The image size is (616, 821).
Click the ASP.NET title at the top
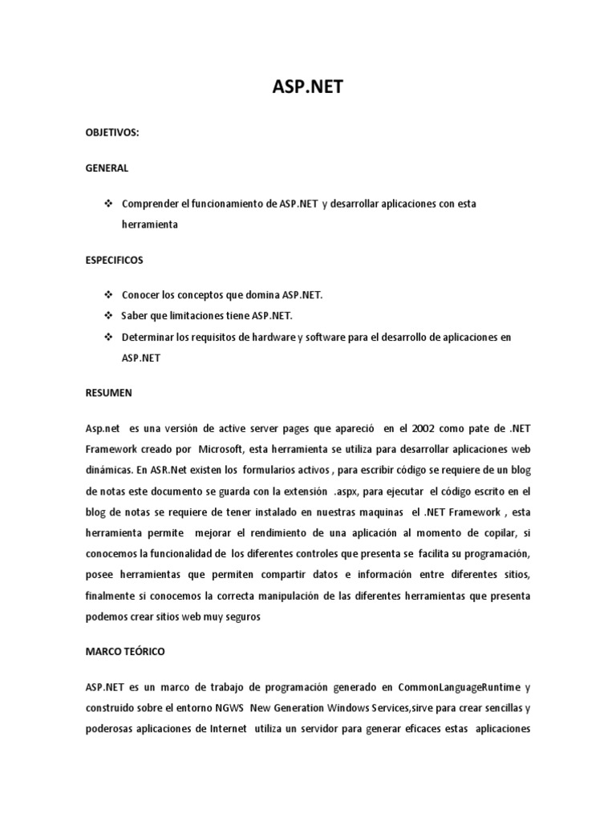click(307, 87)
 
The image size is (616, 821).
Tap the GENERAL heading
click(107, 169)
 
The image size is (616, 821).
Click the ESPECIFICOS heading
click(115, 261)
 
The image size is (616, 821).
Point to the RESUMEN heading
click(108, 394)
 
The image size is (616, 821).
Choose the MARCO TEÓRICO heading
click(124, 652)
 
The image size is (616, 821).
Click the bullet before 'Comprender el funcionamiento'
click(108, 204)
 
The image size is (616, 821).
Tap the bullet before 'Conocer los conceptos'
click(108, 295)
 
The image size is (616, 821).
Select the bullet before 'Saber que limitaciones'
click(108, 316)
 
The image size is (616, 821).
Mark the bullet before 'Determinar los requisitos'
click(108, 338)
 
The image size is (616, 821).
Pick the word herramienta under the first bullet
click(150, 225)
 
